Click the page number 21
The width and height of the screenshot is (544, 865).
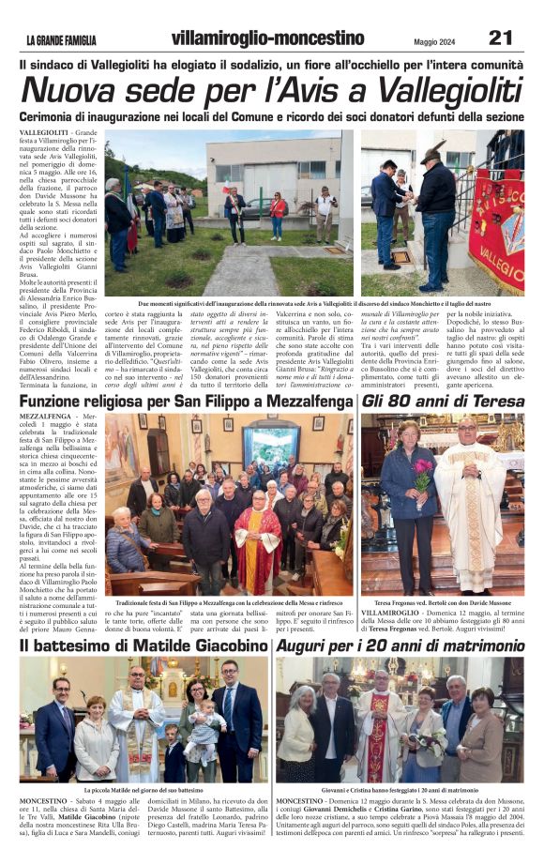coord(500,38)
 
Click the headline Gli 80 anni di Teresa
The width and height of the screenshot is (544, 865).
coord(443,400)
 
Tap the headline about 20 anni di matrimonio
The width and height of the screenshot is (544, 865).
coord(398,646)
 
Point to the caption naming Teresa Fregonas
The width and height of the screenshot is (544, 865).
coord(442,602)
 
